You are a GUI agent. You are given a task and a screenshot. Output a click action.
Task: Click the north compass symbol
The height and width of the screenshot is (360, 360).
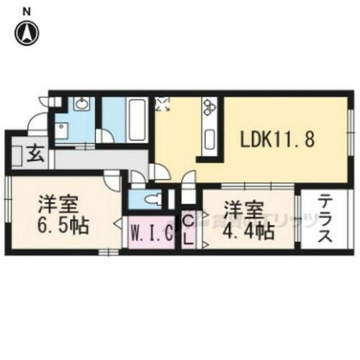(x=27, y=32)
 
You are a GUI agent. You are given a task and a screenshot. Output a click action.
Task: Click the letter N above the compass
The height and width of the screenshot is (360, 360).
(x=27, y=10)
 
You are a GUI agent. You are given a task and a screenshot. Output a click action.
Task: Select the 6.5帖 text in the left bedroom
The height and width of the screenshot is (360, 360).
(x=63, y=226)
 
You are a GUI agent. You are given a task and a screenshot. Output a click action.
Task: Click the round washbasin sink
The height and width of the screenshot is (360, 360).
(x=79, y=108)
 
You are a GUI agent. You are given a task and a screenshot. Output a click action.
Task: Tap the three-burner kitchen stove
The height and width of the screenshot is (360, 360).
(x=210, y=108)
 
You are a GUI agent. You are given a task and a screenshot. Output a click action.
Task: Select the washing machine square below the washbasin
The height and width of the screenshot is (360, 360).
(x=63, y=131)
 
